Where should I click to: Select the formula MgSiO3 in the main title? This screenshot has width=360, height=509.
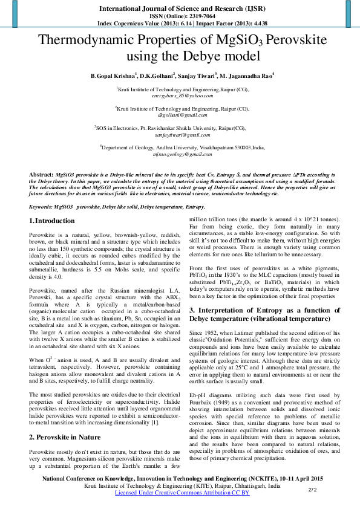click(237, 42)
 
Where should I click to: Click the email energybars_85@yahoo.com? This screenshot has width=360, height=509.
click(182, 96)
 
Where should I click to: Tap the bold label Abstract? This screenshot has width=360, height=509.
click(41, 174)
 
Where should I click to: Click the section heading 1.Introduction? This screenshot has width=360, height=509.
click(52, 222)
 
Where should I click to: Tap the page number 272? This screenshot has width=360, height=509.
click(313, 489)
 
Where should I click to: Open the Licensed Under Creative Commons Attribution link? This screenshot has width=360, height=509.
click(182, 493)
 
